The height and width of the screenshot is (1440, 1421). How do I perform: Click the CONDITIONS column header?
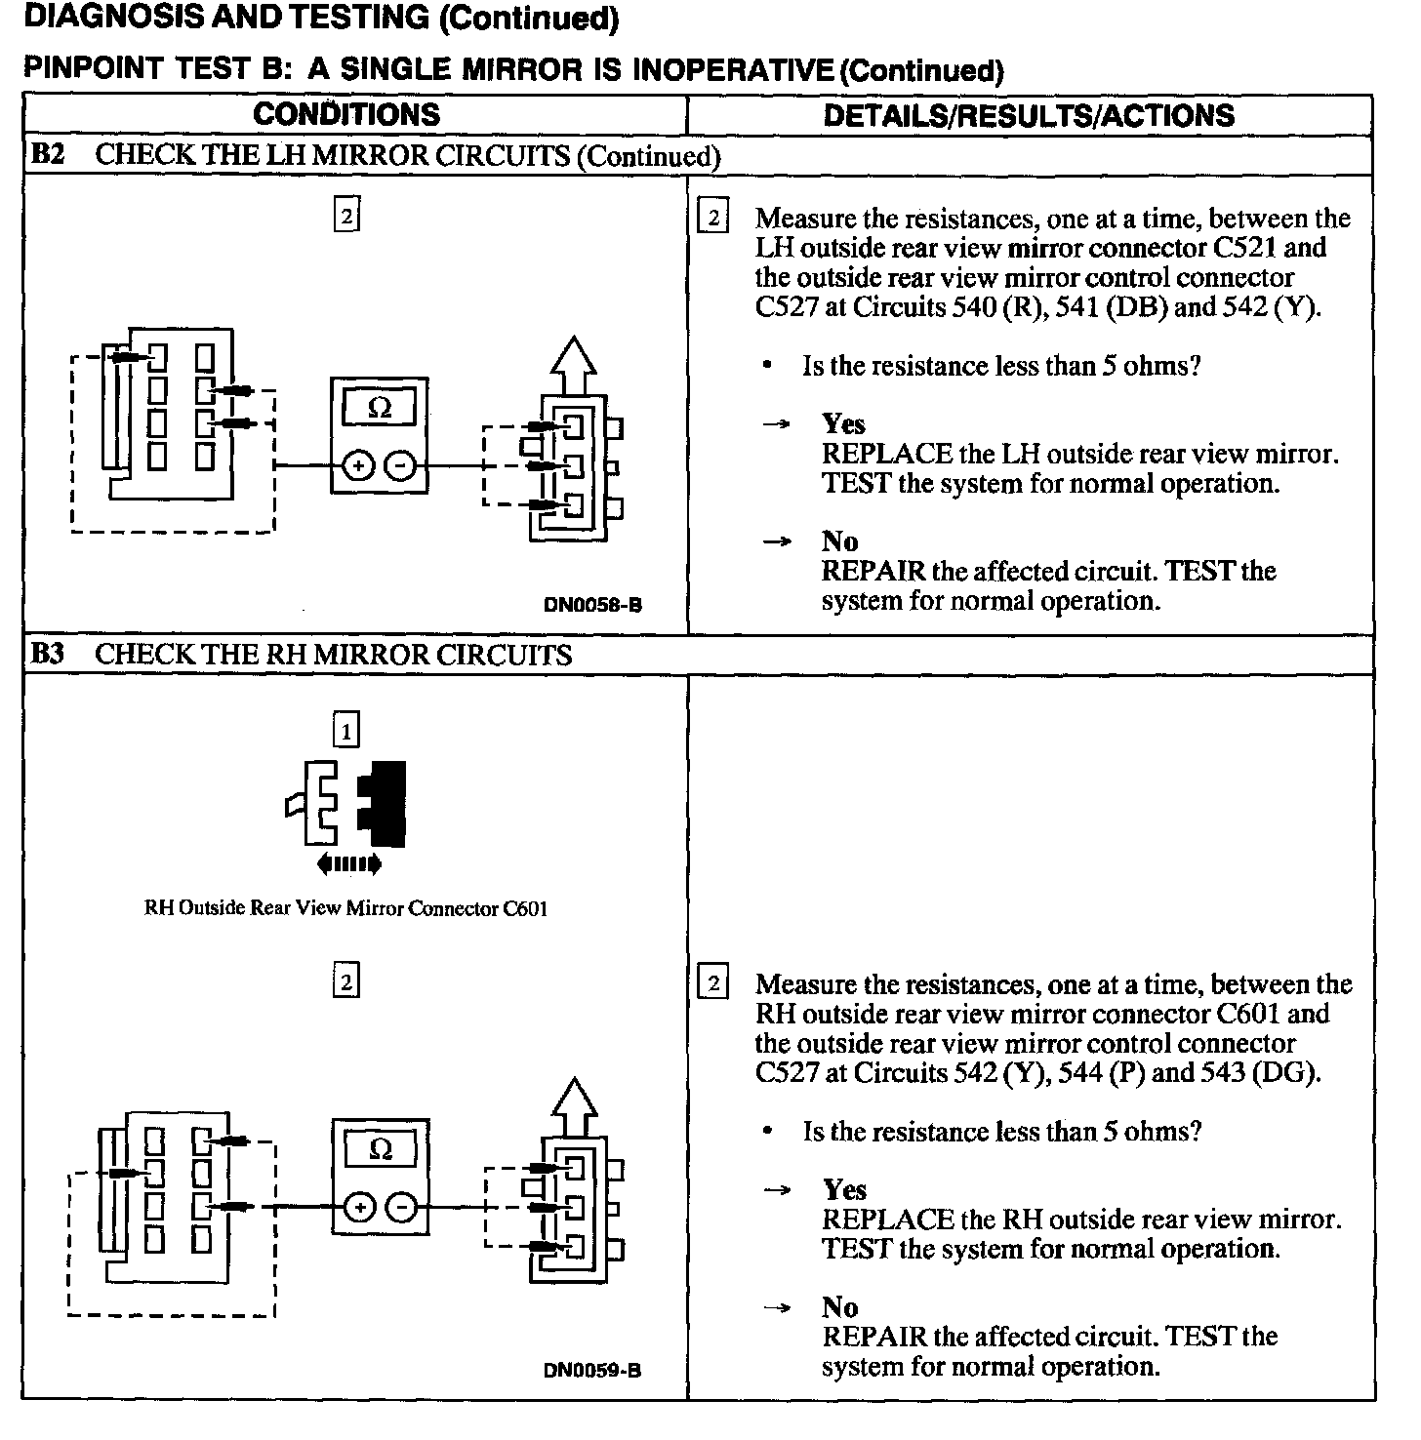click(x=346, y=114)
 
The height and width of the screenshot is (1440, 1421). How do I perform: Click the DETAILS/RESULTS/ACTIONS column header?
click(x=1029, y=115)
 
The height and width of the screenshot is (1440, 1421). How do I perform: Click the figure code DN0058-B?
click(x=592, y=605)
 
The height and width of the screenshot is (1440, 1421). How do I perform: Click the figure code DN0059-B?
click(x=592, y=1371)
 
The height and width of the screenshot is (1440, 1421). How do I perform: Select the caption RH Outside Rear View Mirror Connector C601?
click(x=345, y=908)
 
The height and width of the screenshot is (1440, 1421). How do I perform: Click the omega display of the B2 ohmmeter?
click(x=380, y=409)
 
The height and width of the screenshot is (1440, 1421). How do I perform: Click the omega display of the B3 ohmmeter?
click(x=381, y=1150)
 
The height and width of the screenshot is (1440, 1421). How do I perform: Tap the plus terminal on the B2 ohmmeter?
click(x=358, y=466)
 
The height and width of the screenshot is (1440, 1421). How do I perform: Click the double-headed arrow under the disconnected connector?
click(x=348, y=863)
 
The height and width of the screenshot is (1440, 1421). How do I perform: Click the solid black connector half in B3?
click(x=384, y=803)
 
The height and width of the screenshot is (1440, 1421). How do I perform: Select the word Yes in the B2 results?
click(x=843, y=423)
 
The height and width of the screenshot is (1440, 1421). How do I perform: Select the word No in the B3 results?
click(x=839, y=1307)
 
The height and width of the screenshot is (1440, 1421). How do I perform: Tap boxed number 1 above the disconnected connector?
click(x=345, y=730)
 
